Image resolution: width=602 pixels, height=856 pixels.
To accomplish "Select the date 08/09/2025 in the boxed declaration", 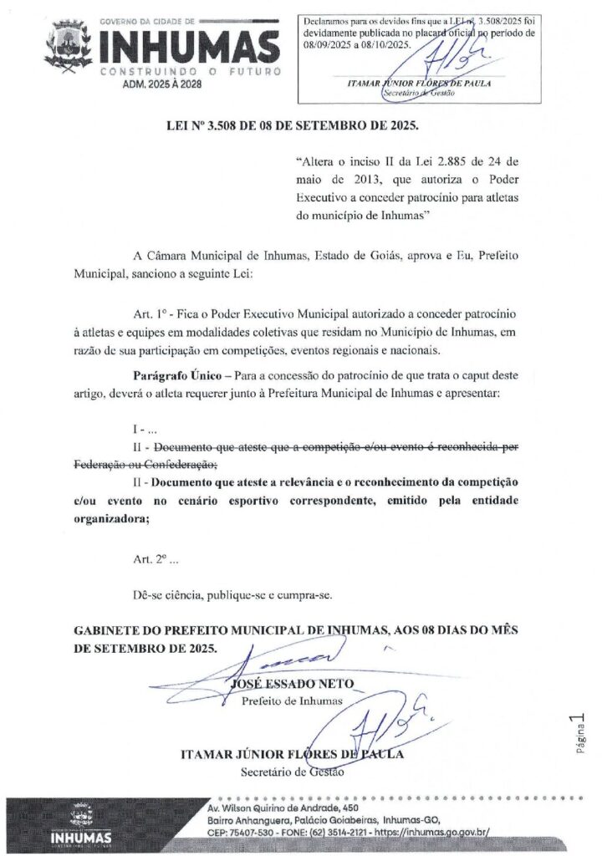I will (327, 44).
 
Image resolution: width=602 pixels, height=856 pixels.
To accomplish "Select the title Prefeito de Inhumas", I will (292, 701).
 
